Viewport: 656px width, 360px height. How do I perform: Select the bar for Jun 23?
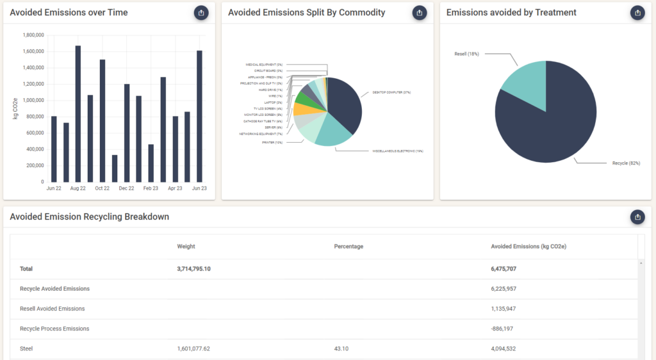click(199, 117)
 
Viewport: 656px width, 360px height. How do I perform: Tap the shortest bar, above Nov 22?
click(115, 168)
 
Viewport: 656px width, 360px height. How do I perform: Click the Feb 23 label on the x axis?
click(151, 188)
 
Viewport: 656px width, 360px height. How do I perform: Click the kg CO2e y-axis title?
click(15, 108)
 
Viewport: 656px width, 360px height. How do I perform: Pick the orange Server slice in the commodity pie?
click(300, 109)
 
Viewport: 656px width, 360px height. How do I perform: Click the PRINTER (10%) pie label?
click(272, 142)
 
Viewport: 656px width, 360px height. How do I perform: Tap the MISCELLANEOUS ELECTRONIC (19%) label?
click(398, 151)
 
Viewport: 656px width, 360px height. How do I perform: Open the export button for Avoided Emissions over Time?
click(201, 12)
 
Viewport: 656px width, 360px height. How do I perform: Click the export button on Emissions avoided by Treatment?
click(637, 12)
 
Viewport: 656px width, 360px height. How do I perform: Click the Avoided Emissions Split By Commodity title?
click(307, 12)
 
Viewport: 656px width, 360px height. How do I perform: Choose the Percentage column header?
click(348, 246)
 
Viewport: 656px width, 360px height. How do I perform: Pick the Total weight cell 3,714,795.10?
click(193, 269)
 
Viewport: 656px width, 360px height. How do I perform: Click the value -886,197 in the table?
click(504, 329)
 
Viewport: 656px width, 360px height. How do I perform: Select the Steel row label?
click(26, 348)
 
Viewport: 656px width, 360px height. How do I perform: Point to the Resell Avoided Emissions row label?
click(53, 309)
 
